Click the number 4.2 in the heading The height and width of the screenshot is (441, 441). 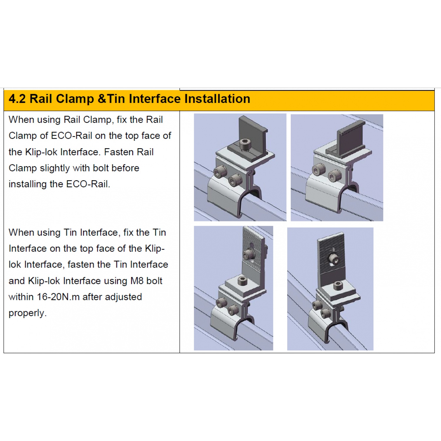(17, 99)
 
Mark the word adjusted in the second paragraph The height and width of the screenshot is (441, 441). (123, 297)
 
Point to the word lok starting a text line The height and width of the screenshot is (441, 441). (15, 265)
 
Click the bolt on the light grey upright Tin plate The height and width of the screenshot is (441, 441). (249, 254)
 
